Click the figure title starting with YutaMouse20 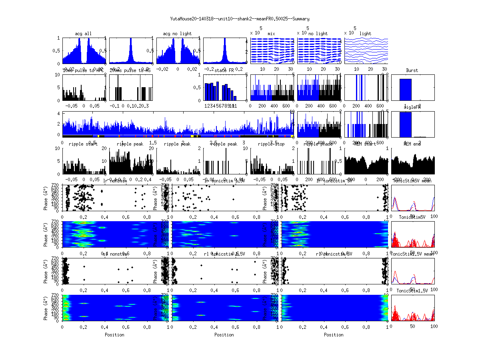(240, 19)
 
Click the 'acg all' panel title (83, 34)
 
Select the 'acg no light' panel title (177, 34)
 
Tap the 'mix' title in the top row (272, 34)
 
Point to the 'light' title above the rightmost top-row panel (365, 34)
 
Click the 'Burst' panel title (412, 70)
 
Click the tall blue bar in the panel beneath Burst (406, 124)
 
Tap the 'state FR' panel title (224, 70)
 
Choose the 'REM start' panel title (365, 144)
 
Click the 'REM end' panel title (412, 144)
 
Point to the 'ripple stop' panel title (271, 144)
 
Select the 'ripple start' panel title (83, 144)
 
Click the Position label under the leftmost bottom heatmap (114, 335)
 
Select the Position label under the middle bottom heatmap (224, 335)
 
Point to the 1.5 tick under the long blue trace (153, 142)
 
